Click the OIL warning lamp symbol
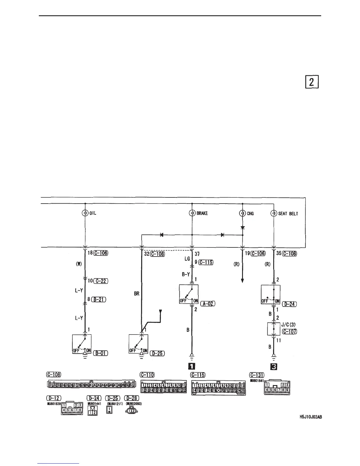tap(85, 213)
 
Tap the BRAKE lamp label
tap(202, 214)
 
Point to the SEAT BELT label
tap(288, 214)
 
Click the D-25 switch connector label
tap(157, 353)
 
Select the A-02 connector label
tap(208, 304)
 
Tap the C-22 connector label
tap(101, 281)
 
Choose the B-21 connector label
tap(99, 299)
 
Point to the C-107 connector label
tap(289, 332)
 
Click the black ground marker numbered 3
tap(274, 367)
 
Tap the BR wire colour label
tap(136, 294)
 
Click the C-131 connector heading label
tap(256, 375)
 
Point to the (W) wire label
tap(79, 264)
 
